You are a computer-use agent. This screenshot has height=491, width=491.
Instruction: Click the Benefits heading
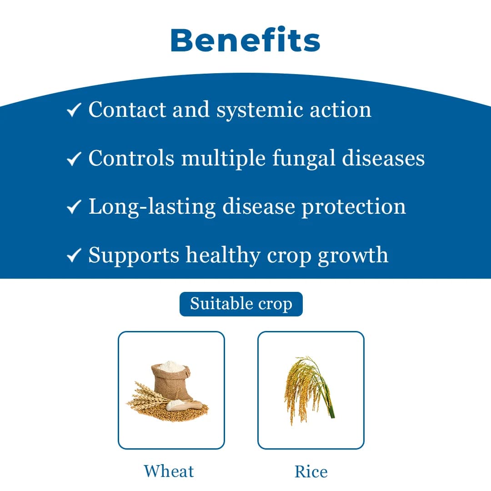pyautogui.click(x=245, y=40)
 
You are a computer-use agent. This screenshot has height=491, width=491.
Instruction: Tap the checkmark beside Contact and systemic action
pyautogui.click(x=74, y=110)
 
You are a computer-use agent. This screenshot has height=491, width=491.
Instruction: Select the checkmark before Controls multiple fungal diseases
pyautogui.click(x=74, y=159)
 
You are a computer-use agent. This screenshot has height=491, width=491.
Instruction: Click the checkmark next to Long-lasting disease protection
pyautogui.click(x=74, y=207)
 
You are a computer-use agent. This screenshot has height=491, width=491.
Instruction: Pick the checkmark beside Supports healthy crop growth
pyautogui.click(x=74, y=256)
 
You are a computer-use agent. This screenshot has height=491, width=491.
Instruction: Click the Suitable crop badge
pyautogui.click(x=241, y=304)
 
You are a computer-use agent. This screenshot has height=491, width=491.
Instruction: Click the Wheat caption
pyautogui.click(x=169, y=471)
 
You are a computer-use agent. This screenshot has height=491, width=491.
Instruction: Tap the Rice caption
pyautogui.click(x=311, y=471)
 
